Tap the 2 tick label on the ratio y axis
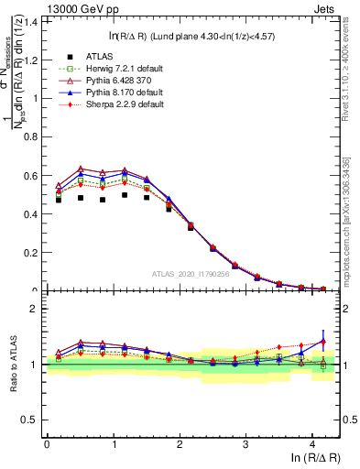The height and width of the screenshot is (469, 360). click(x=36, y=309)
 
